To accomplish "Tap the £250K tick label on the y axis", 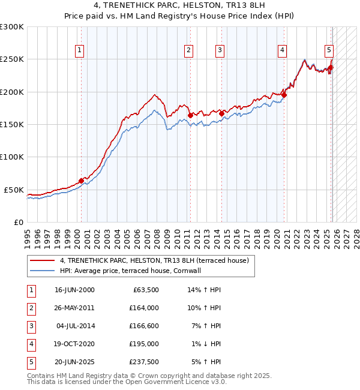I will coord(12,59).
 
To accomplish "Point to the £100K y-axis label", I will coord(12,157).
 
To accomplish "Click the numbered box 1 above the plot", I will coord(80,50).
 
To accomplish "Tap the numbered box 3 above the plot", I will coord(220,50).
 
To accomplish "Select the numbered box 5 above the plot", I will coord(329,50).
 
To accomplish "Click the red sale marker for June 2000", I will coord(81,181).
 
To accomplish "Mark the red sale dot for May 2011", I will coord(190,115).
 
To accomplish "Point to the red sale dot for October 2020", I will coord(284,95).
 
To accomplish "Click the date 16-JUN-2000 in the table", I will coord(74,290).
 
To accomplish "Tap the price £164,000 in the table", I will coord(144,308).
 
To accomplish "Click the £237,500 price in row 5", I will coord(144,362).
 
